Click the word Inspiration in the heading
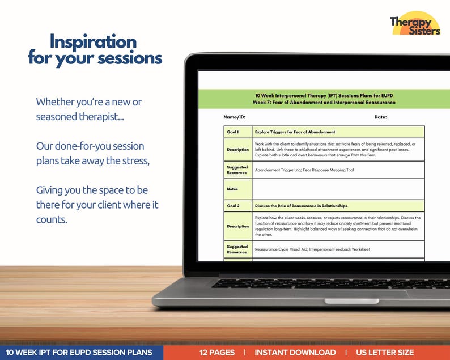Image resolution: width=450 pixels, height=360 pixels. pyautogui.click(x=93, y=41)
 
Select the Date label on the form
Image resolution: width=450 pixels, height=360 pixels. pyautogui.click(x=380, y=117)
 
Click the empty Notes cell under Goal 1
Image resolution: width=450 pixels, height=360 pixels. pyautogui.click(x=338, y=189)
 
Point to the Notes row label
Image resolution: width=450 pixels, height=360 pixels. pyautogui.click(x=232, y=189)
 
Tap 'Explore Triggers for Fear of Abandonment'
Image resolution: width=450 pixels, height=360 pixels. pyautogui.click(x=295, y=132)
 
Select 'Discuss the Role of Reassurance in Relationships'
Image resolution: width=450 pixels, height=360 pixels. pyautogui.click(x=301, y=206)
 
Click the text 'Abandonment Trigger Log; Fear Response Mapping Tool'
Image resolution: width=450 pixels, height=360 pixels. pyautogui.click(x=304, y=170)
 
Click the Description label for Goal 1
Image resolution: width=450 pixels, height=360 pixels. pyautogui.click(x=237, y=150)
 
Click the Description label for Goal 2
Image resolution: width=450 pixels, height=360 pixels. pyautogui.click(x=237, y=226)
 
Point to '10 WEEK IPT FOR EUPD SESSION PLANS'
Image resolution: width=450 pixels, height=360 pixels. pyautogui.click(x=79, y=353)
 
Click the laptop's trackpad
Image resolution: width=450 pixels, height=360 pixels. pyautogui.click(x=351, y=293)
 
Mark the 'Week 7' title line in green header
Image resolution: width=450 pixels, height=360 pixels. pyautogui.click(x=324, y=103)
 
